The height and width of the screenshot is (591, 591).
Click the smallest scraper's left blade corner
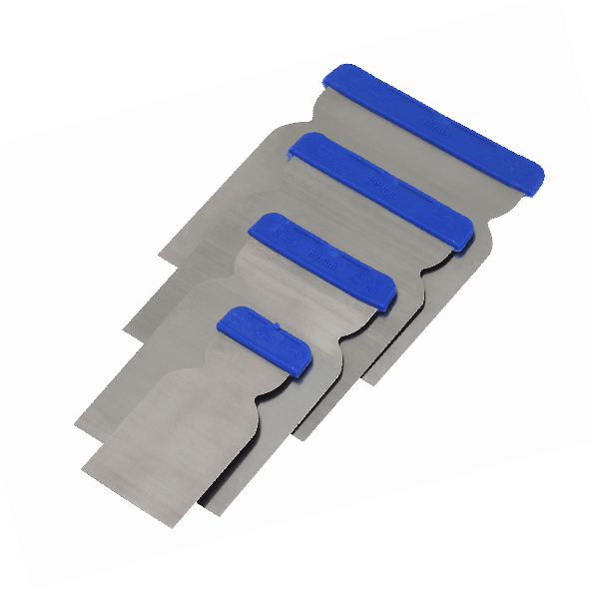click(x=85, y=464)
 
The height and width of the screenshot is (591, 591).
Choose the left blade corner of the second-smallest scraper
click(x=76, y=424)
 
